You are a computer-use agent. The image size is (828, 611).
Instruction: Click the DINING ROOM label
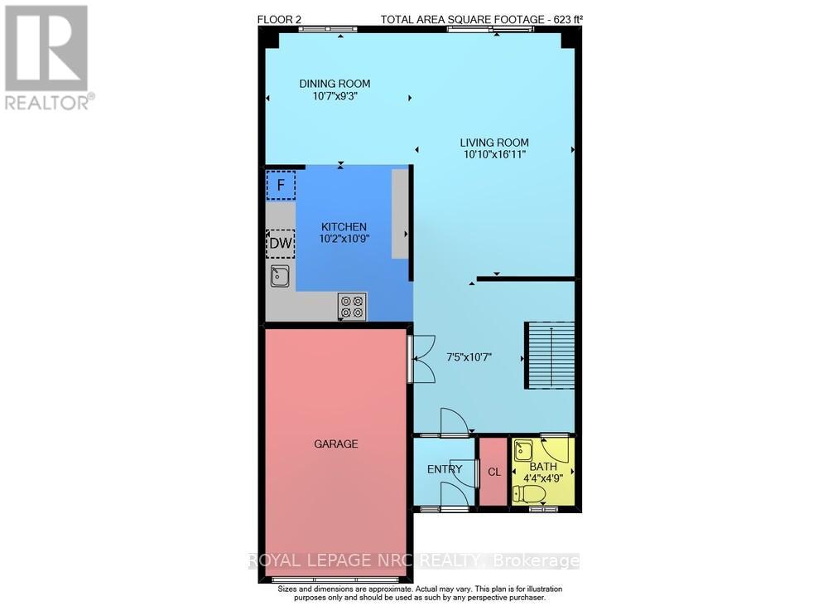click(335, 84)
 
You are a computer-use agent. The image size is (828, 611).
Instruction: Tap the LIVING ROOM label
click(494, 143)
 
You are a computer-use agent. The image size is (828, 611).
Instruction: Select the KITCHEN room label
click(344, 227)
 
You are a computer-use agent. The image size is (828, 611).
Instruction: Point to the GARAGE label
click(335, 444)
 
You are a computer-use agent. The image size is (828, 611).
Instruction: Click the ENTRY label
click(445, 470)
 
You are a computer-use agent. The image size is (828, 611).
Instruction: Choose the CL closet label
click(494, 472)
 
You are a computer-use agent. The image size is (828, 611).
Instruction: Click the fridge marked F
click(280, 185)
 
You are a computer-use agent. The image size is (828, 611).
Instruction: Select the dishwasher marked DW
click(280, 244)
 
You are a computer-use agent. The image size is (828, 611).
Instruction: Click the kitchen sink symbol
click(280, 277)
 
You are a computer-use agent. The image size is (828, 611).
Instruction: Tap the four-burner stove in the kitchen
click(352, 307)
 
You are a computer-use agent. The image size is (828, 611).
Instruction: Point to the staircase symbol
click(550, 355)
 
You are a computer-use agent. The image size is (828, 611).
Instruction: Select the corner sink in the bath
click(522, 450)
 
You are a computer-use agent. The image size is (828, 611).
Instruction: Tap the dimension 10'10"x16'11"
click(494, 154)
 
